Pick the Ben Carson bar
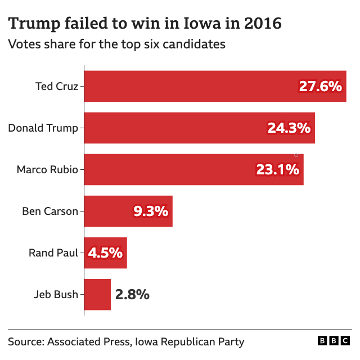(107, 211)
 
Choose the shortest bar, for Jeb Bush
(97, 294)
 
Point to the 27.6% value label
(320, 86)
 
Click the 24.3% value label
(289, 128)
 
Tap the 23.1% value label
(277, 169)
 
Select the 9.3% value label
(150, 211)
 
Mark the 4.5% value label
(105, 253)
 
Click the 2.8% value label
(132, 294)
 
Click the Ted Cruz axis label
(56, 86)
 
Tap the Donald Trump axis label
(43, 128)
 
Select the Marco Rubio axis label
(47, 169)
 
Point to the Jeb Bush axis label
(56, 294)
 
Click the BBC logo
(334, 341)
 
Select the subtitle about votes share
(116, 44)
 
